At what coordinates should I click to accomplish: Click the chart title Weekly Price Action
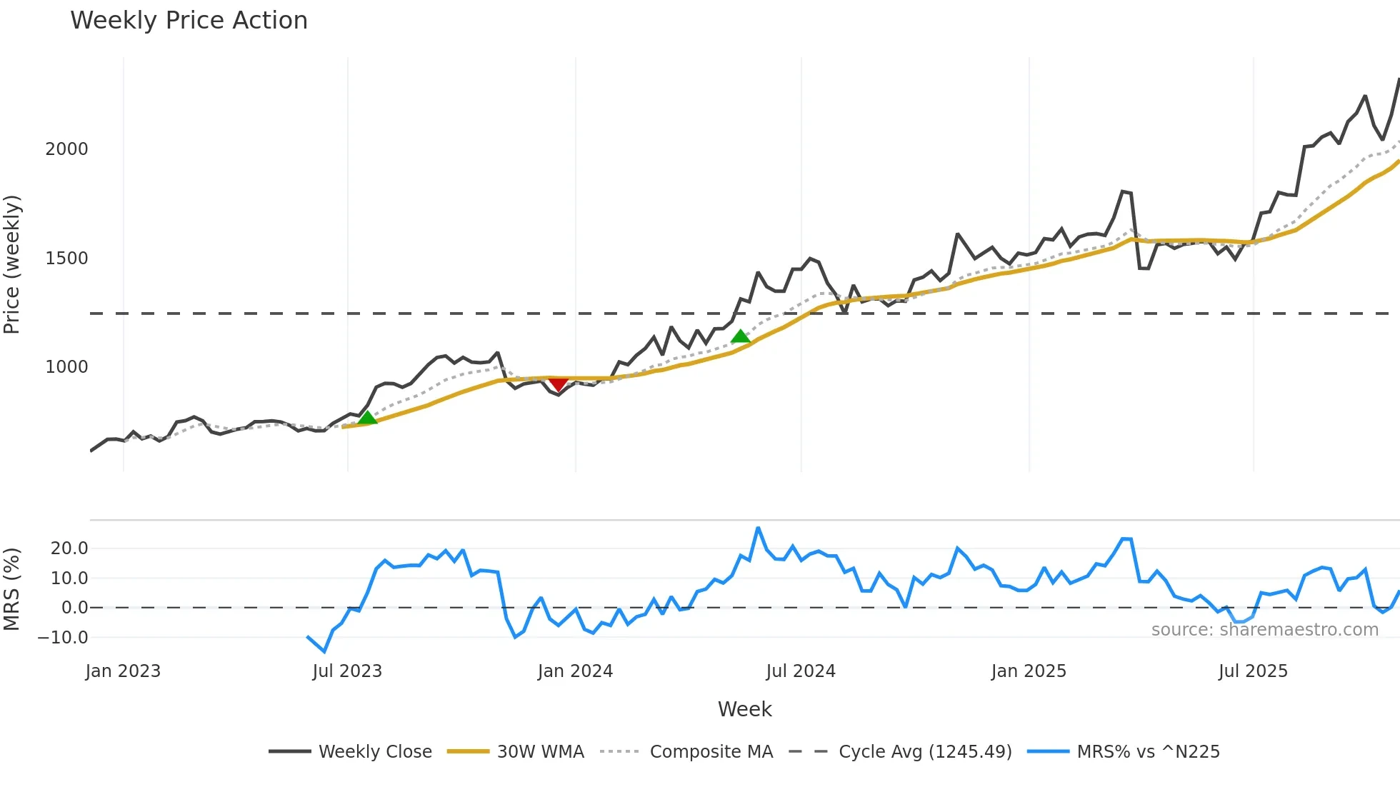189,21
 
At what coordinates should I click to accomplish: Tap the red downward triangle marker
559,385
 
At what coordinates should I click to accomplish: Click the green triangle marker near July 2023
367,418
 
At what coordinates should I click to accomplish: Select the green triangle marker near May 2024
741,336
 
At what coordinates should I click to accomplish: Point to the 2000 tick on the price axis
66,149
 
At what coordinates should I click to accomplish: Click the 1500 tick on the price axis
66,259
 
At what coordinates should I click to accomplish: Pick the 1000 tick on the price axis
66,367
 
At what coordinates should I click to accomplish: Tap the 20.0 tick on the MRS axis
69,548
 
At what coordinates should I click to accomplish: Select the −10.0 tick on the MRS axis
63,637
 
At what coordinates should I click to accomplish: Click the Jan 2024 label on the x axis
575,671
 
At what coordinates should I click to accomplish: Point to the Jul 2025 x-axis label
1253,671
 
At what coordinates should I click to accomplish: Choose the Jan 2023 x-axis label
123,671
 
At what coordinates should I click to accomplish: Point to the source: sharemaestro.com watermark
1264,630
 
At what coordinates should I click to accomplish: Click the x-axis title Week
744,709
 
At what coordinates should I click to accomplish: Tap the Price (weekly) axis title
12,264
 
